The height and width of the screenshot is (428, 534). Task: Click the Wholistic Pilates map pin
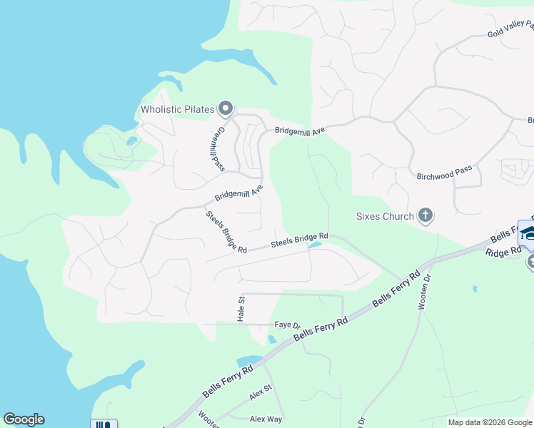[226, 108]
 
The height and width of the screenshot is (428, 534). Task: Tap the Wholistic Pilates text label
[178, 109]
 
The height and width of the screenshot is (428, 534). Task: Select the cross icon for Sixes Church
[425, 215]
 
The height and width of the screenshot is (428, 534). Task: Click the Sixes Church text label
[385, 216]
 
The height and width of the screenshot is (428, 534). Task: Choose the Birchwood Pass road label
[443, 172]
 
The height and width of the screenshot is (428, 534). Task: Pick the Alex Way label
[266, 419]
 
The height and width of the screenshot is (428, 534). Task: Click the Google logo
[24, 419]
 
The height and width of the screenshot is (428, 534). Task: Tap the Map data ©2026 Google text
[489, 422]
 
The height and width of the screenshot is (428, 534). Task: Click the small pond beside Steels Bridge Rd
[314, 246]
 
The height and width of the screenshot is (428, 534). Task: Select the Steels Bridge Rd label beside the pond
[299, 240]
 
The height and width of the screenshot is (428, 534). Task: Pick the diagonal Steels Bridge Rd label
[226, 233]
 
